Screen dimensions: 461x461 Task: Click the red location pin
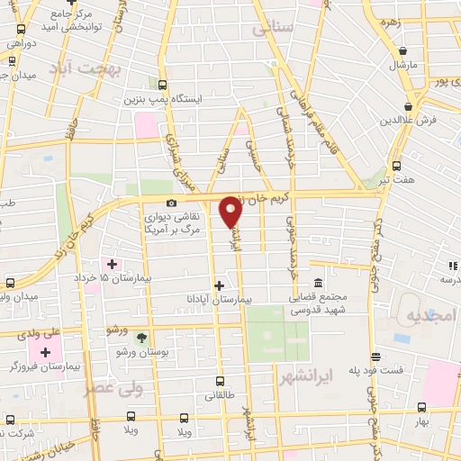230,211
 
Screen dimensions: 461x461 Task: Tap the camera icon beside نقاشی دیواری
172,203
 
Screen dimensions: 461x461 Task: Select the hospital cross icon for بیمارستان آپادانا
219,284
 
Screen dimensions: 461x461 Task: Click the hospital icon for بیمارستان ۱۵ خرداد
112,264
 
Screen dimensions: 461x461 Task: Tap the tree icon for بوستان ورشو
140,337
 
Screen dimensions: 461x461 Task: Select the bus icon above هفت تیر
397,166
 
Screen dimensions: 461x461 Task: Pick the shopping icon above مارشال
401,51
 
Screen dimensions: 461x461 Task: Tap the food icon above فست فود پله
375,357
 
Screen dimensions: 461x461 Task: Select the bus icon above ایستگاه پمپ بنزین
163,79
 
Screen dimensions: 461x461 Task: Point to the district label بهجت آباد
104,68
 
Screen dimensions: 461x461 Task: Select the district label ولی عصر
114,388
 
